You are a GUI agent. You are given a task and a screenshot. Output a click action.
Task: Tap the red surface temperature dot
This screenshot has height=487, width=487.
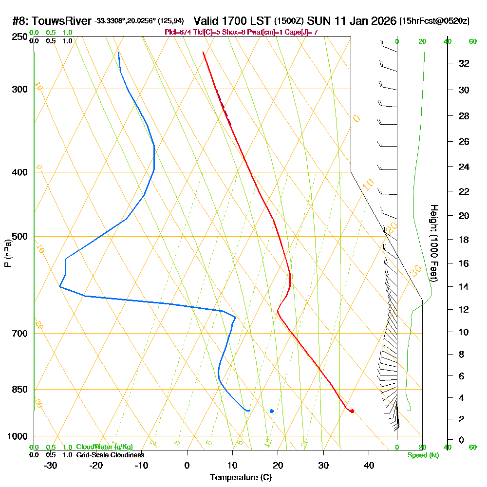pyautogui.click(x=352, y=411)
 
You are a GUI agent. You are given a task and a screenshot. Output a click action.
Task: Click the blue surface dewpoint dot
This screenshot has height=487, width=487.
pyautogui.click(x=272, y=411)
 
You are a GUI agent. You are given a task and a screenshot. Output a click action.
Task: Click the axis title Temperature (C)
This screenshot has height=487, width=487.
pyautogui.click(x=241, y=477)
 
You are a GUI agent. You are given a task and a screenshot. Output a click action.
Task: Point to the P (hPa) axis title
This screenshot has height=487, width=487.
pyautogui.click(x=8, y=253)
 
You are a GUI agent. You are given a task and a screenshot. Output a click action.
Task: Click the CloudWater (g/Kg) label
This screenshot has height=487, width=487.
pyautogui.click(x=104, y=447)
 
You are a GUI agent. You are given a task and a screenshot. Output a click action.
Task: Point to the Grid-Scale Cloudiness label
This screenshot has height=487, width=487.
pyautogui.click(x=110, y=455)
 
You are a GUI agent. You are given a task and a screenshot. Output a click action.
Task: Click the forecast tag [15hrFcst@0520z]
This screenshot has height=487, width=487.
pyautogui.click(x=434, y=21)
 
